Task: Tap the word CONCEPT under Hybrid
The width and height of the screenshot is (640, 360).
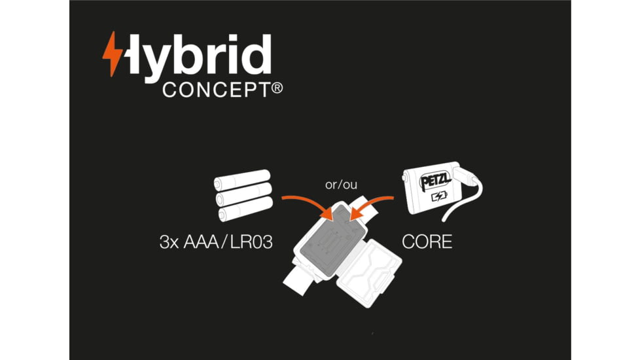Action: pos(215,90)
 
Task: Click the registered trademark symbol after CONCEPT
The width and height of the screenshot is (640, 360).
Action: pos(277,88)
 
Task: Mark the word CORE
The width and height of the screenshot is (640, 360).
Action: pos(426,242)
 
